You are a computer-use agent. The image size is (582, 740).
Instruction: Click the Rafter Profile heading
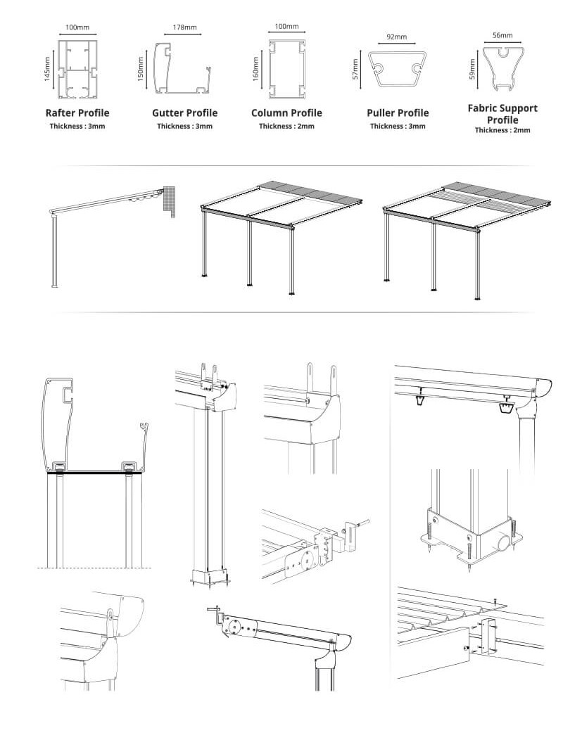(77, 113)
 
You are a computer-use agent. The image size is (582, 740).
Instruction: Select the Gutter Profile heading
(184, 113)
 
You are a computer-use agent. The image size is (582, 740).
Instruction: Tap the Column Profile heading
(286, 113)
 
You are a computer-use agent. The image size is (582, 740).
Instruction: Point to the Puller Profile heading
(397, 113)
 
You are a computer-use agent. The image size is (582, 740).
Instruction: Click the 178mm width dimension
(184, 29)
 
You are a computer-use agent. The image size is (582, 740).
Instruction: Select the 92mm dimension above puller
(397, 36)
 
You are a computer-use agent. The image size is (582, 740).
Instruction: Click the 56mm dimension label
(502, 34)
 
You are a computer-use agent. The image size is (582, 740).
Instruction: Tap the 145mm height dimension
(47, 70)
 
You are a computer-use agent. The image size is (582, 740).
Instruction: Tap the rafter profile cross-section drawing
(77, 69)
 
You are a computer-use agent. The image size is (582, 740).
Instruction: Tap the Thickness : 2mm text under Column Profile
(286, 127)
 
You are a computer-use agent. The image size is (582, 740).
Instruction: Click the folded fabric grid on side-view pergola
(168, 200)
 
